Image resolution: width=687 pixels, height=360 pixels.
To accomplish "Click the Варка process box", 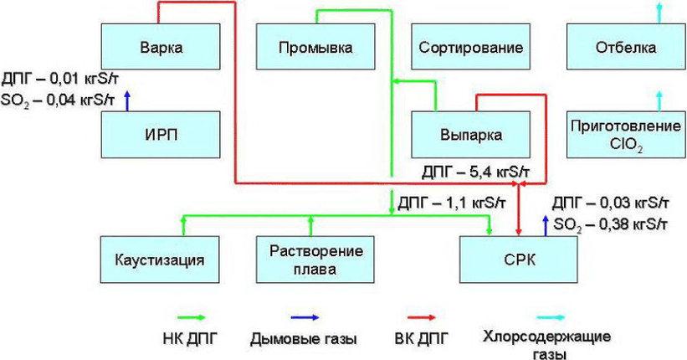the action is click(161, 47).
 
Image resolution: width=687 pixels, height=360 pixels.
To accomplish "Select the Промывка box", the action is click(315, 47).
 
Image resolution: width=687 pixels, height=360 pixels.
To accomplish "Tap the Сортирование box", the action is click(470, 47).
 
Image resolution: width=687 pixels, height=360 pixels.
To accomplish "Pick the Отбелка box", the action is click(626, 47).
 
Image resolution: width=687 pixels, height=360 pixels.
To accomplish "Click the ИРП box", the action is click(161, 135).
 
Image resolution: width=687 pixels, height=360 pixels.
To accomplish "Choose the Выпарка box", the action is click(470, 135).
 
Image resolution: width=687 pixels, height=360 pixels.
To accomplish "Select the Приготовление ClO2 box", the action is click(626, 135).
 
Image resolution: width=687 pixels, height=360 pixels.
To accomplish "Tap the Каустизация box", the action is click(160, 260).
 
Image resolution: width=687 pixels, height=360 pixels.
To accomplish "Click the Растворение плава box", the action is click(315, 260).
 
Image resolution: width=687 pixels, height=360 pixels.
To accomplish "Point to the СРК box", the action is click(518, 260).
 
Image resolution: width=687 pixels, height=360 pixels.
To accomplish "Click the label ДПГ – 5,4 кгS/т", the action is click(475, 172).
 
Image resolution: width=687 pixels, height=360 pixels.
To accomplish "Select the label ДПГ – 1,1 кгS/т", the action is click(452, 203).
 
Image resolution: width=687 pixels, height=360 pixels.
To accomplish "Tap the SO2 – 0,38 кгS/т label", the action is click(610, 225).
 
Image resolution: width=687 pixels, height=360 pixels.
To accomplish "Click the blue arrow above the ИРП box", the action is click(127, 100).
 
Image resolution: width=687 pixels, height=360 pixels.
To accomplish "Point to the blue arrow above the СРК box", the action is click(546, 226).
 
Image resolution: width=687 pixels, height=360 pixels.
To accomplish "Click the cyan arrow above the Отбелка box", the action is click(659, 13).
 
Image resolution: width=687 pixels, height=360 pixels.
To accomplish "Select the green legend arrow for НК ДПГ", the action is click(191, 317).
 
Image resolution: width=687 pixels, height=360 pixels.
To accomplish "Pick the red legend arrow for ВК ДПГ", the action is click(421, 317).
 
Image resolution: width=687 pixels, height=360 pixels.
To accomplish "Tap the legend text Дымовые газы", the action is click(304, 339).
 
